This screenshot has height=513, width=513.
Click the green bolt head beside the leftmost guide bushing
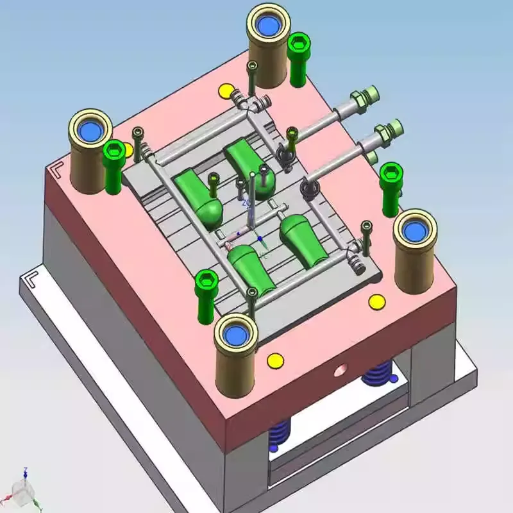114,153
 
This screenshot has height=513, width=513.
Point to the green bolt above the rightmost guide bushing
391,173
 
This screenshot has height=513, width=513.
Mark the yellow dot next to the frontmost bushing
275,361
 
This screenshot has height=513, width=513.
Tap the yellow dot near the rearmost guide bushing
226,91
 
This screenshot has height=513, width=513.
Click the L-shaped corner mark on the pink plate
58,169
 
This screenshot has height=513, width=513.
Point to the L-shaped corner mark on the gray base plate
30,280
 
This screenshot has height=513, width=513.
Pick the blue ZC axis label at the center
246,203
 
